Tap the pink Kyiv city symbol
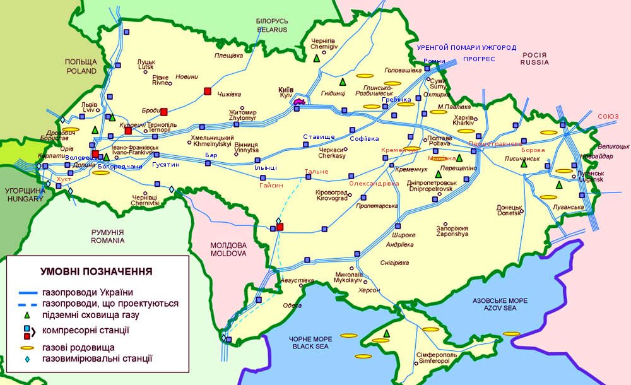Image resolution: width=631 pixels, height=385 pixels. pyautogui.click(x=300, y=101)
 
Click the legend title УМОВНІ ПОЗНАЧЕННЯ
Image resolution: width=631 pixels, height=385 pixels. pyautogui.click(x=96, y=272)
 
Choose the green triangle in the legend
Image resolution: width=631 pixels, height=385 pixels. pyautogui.click(x=27, y=315)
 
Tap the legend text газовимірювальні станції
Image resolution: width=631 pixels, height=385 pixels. pyautogui.click(x=97, y=358)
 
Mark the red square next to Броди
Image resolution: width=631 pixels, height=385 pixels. pyautogui.click(x=163, y=112)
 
